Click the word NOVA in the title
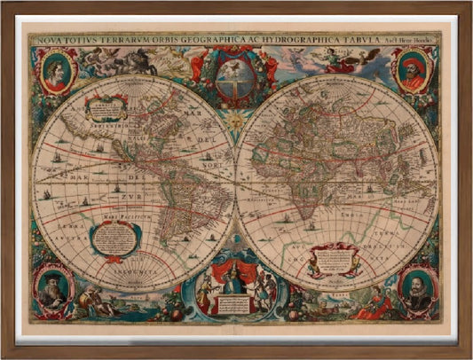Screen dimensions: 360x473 click(45, 40)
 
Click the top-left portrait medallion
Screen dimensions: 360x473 click(55, 70)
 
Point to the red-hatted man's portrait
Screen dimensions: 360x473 click(414, 71)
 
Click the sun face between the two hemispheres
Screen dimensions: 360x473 click(236, 119)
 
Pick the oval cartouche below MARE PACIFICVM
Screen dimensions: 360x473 click(114, 238)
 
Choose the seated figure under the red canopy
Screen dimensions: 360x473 click(234, 281)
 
